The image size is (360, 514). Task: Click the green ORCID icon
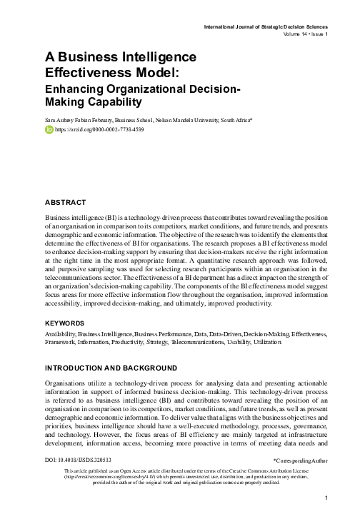pyautogui.click(x=49, y=131)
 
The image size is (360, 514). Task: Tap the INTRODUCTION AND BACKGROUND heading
pyautogui.click(x=110, y=368)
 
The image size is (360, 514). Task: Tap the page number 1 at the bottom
pyautogui.click(x=326, y=498)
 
